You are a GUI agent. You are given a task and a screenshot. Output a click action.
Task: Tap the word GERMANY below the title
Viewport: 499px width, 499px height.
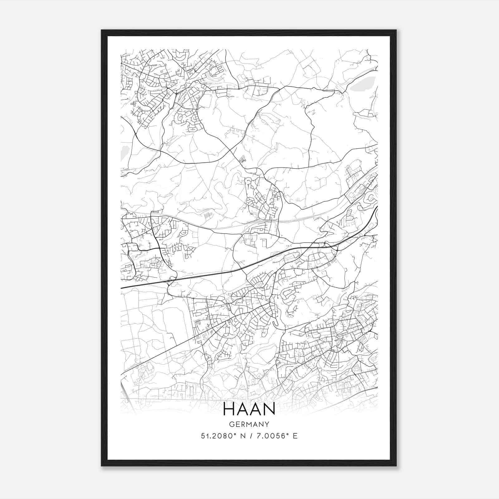click(x=249, y=424)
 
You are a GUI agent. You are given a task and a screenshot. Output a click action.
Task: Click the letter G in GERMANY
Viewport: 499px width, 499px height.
click(x=231, y=424)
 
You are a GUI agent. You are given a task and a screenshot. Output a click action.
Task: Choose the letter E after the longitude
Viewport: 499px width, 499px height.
click(x=295, y=436)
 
